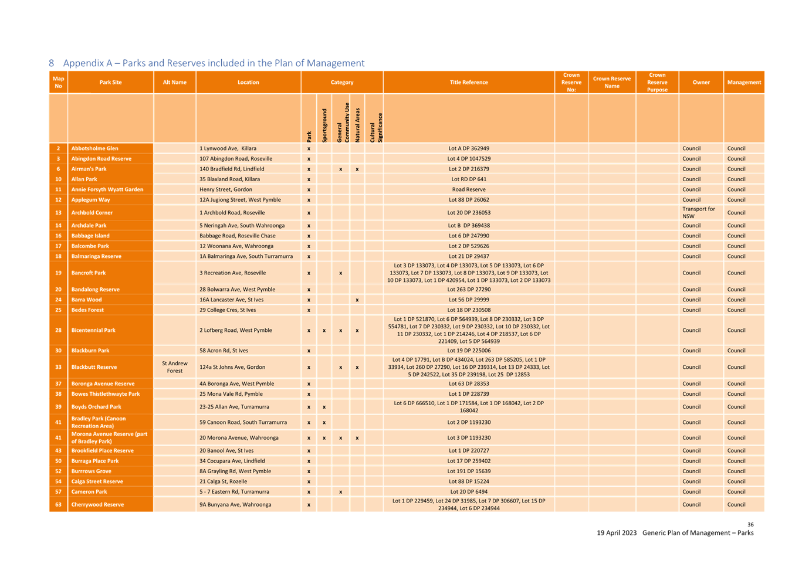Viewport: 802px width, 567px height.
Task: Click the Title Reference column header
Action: click(469, 82)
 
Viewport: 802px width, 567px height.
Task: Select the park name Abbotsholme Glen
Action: click(94, 148)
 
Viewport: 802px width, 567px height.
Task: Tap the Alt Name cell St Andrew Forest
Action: click(175, 367)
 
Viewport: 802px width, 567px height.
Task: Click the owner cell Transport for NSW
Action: click(698, 212)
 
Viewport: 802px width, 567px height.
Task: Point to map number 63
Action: click(58, 504)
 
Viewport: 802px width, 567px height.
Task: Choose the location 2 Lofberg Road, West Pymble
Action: click(236, 330)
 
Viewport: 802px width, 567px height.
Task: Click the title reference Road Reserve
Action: click(469, 189)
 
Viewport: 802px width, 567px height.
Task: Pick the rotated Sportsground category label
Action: click(324, 125)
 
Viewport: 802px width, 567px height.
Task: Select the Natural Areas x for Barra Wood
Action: click(357, 300)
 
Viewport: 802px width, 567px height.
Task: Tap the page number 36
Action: click(750, 524)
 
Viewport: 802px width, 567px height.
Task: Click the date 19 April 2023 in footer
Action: click(617, 532)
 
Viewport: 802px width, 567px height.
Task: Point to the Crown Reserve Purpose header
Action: click(657, 82)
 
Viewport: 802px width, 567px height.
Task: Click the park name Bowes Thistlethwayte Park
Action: click(105, 394)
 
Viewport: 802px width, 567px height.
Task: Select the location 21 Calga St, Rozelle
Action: click(223, 481)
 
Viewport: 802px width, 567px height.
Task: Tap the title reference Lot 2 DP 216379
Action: click(469, 169)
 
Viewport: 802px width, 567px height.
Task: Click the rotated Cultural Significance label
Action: click(376, 128)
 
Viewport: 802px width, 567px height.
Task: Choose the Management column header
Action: click(744, 82)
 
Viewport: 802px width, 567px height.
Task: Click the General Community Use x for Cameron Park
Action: click(340, 492)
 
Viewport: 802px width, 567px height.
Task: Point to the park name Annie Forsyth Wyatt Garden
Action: click(107, 189)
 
